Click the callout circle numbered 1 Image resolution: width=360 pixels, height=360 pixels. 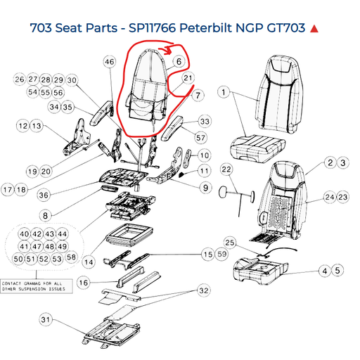point(224,92)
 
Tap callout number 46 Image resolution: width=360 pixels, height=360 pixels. point(109,62)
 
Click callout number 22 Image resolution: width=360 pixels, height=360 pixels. point(226,169)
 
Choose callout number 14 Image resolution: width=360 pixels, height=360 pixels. point(88,262)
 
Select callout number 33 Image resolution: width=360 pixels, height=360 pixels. point(205,122)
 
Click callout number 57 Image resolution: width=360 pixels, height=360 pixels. point(201,137)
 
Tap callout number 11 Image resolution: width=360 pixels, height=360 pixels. point(205,171)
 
